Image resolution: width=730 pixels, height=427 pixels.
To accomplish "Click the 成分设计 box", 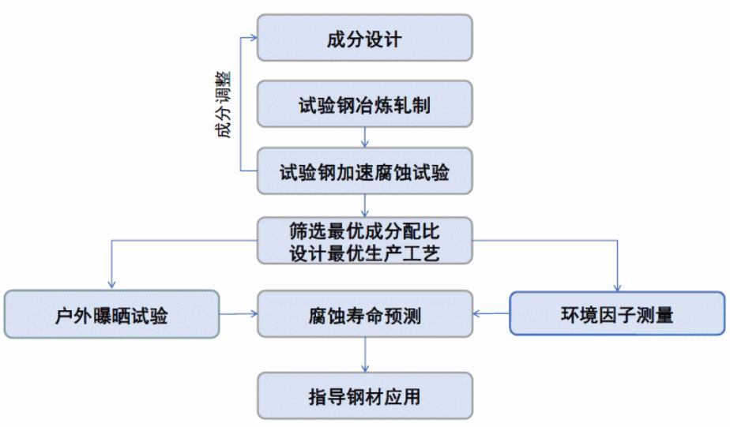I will click(364, 38).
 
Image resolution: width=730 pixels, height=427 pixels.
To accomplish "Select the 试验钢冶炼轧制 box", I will click(364, 105).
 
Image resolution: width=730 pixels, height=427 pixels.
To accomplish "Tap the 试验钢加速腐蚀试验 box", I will click(364, 171).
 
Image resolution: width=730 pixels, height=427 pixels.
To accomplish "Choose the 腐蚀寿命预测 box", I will click(364, 315).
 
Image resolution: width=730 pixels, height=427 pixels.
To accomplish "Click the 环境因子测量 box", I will click(617, 315).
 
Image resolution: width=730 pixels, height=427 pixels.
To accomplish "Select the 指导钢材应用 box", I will click(364, 395).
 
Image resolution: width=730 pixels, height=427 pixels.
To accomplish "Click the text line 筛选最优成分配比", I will click(364, 232).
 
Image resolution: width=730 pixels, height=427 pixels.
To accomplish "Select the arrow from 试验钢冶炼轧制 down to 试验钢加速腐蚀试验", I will click(364, 137).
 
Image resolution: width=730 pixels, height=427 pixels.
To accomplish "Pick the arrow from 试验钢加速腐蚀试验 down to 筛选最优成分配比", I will click(364, 205).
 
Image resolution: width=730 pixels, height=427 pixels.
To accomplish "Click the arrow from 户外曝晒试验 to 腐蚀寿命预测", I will click(238, 314).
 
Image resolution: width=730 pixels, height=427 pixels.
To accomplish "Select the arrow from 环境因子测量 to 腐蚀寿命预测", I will click(491, 314).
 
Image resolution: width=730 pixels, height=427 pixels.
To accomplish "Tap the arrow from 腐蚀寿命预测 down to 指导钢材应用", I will click(364, 355).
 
